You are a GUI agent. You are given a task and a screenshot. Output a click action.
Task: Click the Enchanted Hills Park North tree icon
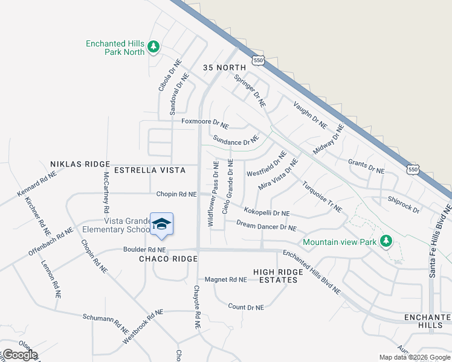point(153,46)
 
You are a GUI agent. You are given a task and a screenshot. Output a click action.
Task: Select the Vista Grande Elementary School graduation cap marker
point(161,224)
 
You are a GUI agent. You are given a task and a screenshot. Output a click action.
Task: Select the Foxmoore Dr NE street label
point(205,122)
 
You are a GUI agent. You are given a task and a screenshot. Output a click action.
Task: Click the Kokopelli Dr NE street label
point(266,212)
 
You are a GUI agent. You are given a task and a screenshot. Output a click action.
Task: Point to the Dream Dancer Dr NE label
point(266,226)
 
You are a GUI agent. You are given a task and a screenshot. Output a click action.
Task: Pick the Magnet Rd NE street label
point(225,279)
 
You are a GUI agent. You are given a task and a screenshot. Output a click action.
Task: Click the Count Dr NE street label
point(246,307)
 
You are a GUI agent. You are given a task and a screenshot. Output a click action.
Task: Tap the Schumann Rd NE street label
point(105,318)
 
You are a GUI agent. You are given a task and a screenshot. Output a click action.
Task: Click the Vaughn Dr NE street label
point(309,115)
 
